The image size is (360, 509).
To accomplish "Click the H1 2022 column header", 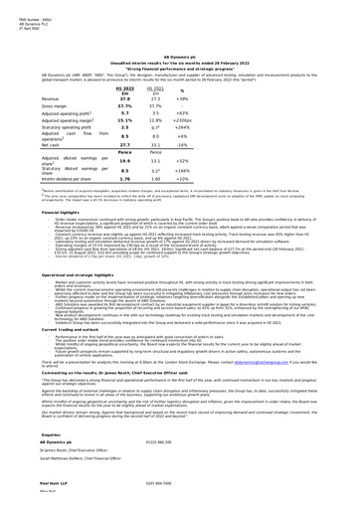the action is (126, 88).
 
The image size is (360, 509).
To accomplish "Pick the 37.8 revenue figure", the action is (126, 99).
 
